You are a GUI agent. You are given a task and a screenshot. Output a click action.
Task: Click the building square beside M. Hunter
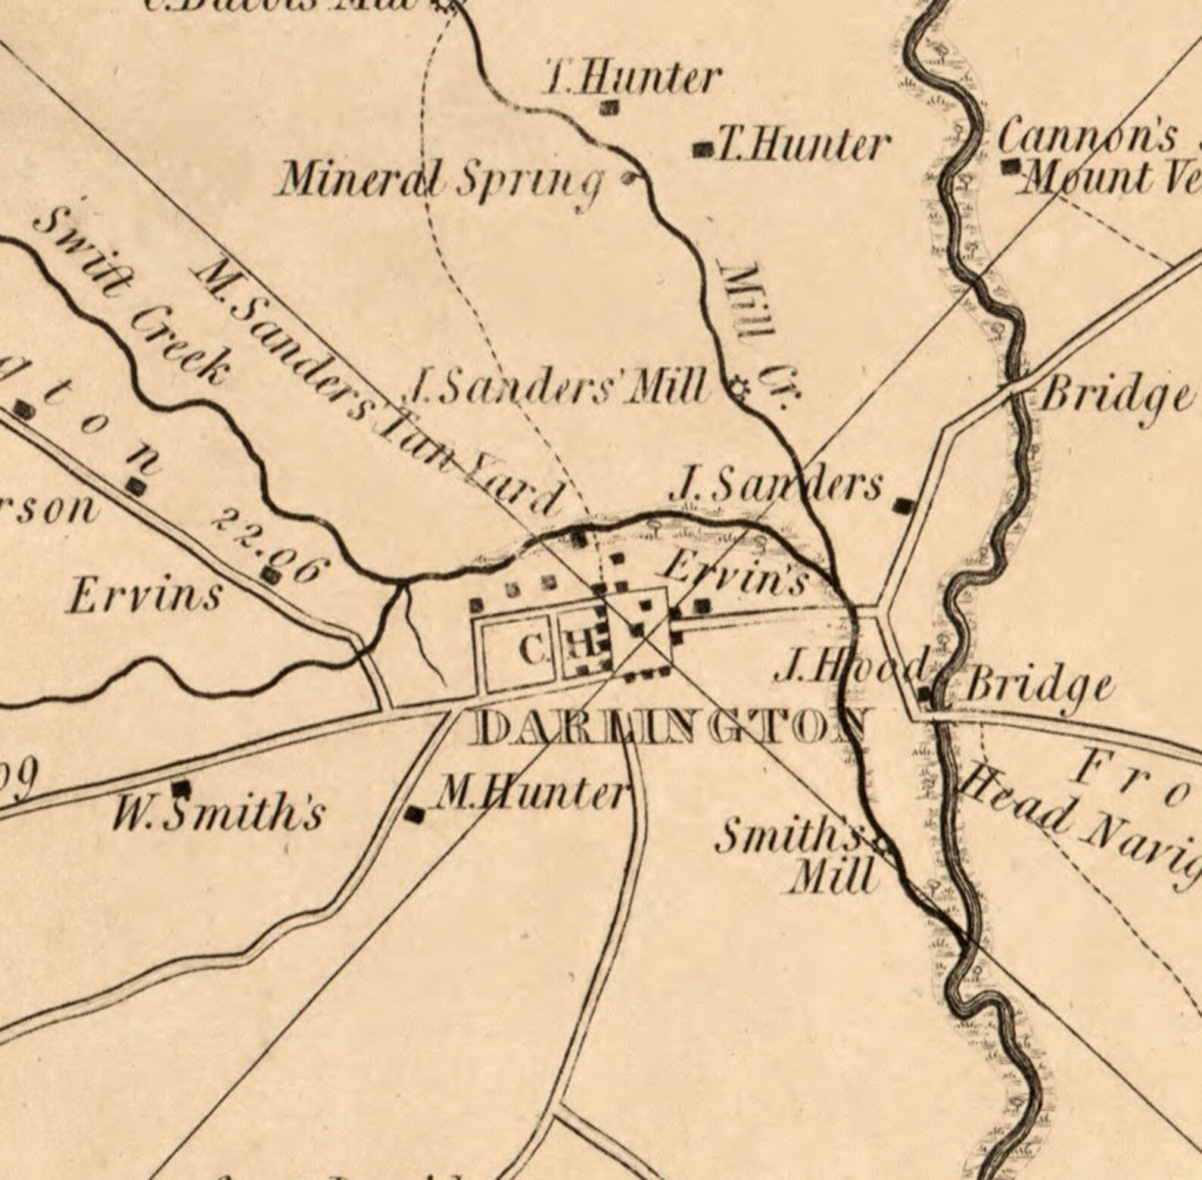(x=415, y=814)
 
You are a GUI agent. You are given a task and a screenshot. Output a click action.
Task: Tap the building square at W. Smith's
(x=180, y=788)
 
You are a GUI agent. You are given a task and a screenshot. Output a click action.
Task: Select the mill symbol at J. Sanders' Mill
(x=739, y=390)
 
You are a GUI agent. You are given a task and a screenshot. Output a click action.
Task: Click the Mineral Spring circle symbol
(x=628, y=179)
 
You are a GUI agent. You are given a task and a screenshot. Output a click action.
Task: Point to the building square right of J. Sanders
(x=903, y=506)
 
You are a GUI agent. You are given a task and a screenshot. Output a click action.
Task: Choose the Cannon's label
(x=1087, y=137)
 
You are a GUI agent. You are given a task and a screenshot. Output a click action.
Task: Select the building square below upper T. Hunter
(x=609, y=108)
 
